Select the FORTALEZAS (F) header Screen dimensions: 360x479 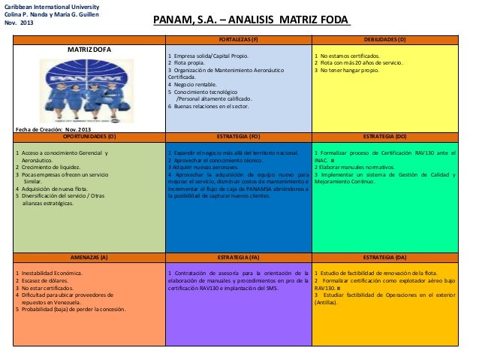[x=238, y=38]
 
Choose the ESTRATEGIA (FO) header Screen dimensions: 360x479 [x=238, y=138]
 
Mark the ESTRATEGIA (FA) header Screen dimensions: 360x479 [x=238, y=257]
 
